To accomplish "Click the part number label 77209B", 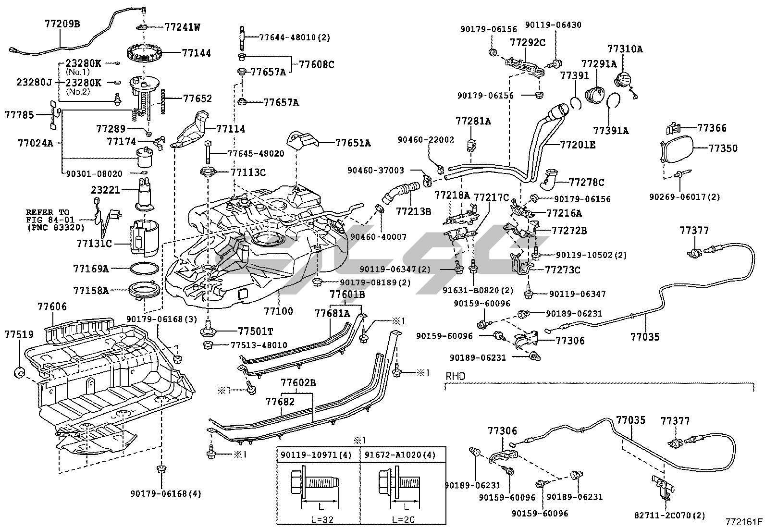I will [x=62, y=23].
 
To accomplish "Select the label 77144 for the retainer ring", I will [x=196, y=53].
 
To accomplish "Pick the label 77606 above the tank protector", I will [x=52, y=307].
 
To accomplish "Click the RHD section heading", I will [x=455, y=376].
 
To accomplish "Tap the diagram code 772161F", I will [x=744, y=522].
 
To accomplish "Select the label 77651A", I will [x=353, y=143].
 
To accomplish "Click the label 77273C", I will [x=562, y=270].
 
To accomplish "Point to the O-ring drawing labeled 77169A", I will [x=145, y=269].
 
